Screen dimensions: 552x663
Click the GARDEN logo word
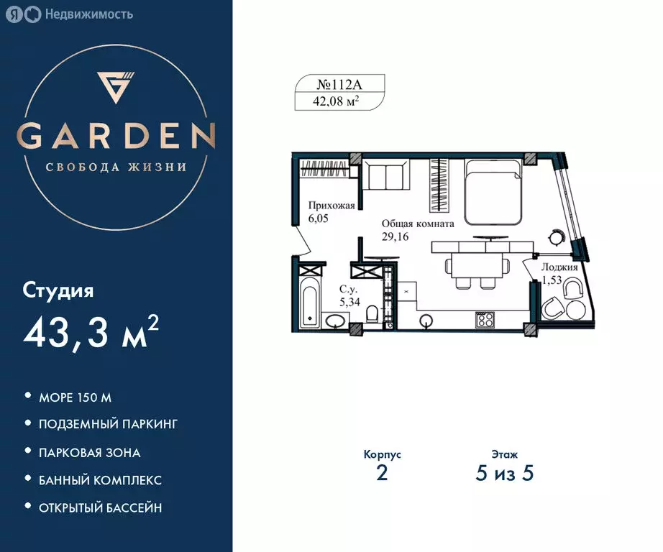[x=116, y=135]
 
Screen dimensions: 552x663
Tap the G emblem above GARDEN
[x=116, y=86]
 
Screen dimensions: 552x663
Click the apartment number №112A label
[x=337, y=83]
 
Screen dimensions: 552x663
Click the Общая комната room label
[x=418, y=224]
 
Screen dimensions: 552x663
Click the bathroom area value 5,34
[x=349, y=301]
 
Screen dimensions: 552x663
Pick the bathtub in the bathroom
[x=310, y=303]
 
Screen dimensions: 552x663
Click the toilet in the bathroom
[x=372, y=315]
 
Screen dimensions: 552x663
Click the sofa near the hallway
[x=385, y=175]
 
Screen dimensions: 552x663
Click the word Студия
[x=58, y=291]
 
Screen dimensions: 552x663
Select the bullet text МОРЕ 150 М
[x=75, y=397]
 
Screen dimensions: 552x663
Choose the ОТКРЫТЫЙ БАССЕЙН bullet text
[x=100, y=507]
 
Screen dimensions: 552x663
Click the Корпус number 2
[x=382, y=474]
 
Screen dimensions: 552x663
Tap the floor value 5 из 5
[x=504, y=474]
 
